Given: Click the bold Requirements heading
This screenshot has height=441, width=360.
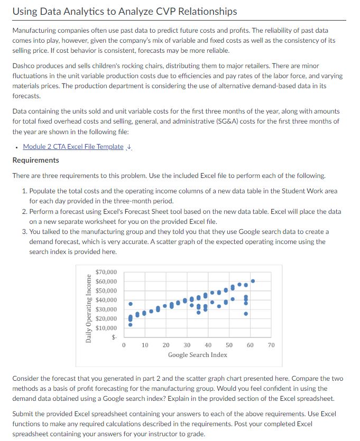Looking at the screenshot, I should pyautogui.click(x=35, y=160).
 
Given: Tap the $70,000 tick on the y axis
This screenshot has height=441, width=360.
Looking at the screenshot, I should pyautogui.click(x=106, y=273).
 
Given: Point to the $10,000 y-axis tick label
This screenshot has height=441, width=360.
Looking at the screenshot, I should pyautogui.click(x=106, y=328).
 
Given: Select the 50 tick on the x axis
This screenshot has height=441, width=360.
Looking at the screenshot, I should pyautogui.click(x=229, y=345).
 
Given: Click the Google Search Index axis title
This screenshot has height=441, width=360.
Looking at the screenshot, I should pyautogui.click(x=197, y=354).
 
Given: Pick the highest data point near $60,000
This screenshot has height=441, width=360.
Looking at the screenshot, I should pyautogui.click(x=253, y=281).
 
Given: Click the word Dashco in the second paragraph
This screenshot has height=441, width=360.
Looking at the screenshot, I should pyautogui.click(x=24, y=67).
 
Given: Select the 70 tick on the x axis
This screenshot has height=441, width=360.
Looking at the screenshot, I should pyautogui.click(x=271, y=345).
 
